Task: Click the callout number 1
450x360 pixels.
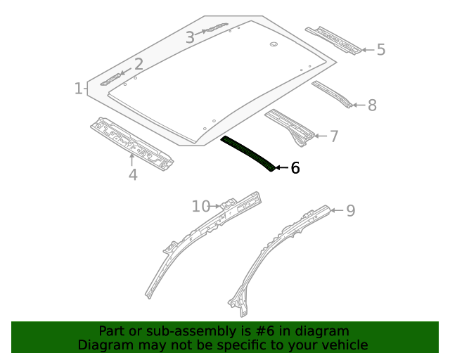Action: click(x=78, y=89)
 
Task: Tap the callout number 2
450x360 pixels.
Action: click(x=139, y=64)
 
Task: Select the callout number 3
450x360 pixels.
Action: click(x=190, y=38)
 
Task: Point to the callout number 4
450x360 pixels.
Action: click(x=133, y=174)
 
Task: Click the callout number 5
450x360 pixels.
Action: click(x=381, y=50)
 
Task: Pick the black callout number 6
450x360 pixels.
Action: click(x=295, y=168)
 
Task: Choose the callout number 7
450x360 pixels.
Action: click(x=333, y=136)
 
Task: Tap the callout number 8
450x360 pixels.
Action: click(x=372, y=105)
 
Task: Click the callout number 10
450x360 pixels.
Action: click(x=201, y=206)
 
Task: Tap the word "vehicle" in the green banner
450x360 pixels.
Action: click(x=342, y=345)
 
